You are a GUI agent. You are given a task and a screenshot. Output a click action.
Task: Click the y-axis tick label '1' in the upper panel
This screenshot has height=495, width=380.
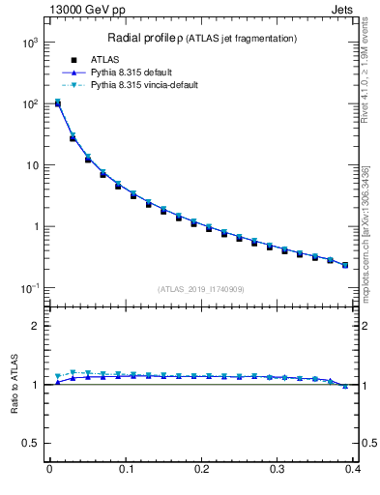(x=37, y=227)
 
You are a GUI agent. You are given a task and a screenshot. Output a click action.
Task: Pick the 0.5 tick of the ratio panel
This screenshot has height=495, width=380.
(x=33, y=444)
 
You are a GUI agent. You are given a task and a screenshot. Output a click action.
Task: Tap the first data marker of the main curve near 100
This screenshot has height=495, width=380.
(x=57, y=103)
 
